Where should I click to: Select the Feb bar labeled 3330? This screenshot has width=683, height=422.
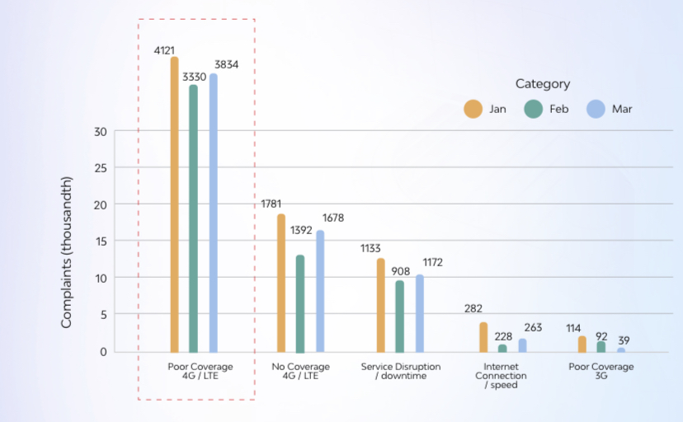click(x=194, y=218)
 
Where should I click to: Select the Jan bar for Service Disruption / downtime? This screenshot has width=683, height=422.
click(x=380, y=305)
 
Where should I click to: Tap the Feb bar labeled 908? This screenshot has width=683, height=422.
click(x=400, y=316)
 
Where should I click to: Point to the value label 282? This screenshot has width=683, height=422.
click(x=473, y=309)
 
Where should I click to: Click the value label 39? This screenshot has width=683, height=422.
click(x=624, y=340)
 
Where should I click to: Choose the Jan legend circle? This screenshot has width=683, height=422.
click(x=473, y=109)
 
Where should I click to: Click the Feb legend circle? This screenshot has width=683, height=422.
click(x=533, y=109)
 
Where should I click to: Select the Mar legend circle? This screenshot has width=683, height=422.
click(x=596, y=109)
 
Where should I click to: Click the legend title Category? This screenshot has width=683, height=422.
click(x=543, y=83)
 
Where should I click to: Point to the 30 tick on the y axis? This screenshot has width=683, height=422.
click(x=101, y=131)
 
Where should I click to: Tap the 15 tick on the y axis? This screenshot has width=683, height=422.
click(x=101, y=241)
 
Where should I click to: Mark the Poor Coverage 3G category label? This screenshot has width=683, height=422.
click(x=601, y=371)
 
